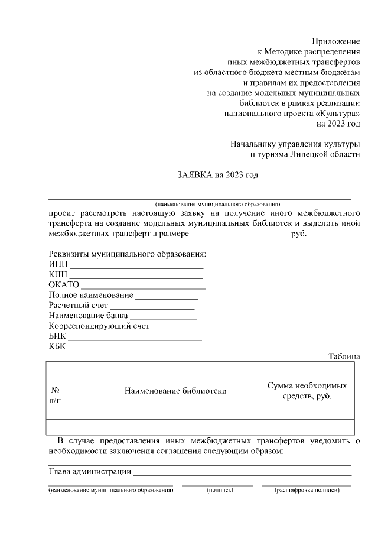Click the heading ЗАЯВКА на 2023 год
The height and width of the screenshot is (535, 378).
coord(218,174)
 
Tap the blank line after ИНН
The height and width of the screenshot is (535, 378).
coord(136,268)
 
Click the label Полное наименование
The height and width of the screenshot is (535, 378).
coord(91,295)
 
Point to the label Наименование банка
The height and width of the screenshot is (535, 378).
coord(88,316)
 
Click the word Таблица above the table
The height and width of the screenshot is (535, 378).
coord(344,356)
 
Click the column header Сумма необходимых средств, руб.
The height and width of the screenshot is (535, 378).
coord(307,390)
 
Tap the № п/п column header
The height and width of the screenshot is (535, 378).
coord(54,395)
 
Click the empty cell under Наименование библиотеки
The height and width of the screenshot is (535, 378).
coord(161,427)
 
